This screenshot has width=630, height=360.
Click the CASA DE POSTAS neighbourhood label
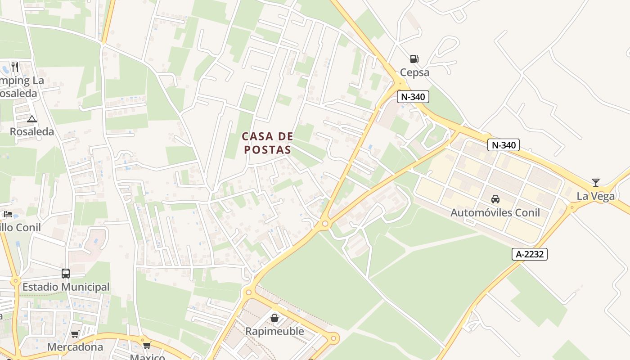[267, 143]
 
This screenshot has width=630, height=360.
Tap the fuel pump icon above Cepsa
[414, 58]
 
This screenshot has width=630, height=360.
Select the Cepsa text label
[414, 72]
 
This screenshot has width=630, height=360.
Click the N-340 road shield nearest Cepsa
[413, 96]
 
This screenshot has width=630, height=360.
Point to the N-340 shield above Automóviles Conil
[503, 145]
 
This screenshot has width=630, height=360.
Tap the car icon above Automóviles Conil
[495, 199]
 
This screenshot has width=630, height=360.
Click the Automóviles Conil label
[495, 212]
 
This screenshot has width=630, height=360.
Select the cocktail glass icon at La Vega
[596, 182]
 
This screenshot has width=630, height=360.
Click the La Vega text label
[596, 196]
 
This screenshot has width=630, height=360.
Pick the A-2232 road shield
[529, 254]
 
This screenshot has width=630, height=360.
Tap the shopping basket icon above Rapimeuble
[274, 318]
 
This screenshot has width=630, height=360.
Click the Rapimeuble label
[274, 332]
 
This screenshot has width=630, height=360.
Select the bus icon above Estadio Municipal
[66, 273]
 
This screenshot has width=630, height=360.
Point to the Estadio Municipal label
[66, 287]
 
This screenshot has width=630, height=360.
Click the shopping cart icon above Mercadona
[75, 334]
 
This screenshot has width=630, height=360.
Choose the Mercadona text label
[75, 347]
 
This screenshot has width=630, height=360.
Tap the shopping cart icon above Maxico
[147, 346]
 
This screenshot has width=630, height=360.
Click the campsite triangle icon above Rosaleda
[31, 119]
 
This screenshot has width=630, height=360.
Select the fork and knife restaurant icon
[15, 67]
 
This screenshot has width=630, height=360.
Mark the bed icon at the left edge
[8, 214]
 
